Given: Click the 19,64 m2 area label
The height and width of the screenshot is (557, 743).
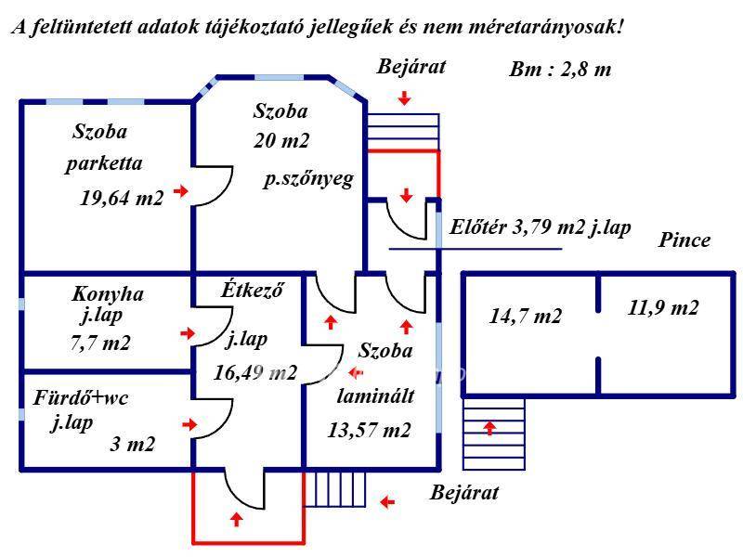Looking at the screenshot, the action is (122, 198).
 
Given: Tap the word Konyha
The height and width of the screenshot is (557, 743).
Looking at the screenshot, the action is (108, 294).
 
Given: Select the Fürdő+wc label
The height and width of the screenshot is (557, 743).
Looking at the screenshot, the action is (81, 397).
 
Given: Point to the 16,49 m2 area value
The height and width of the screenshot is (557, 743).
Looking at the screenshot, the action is (254, 372).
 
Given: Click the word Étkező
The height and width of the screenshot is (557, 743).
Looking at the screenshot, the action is (252, 289).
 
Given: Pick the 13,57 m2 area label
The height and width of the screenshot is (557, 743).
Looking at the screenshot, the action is (369, 430).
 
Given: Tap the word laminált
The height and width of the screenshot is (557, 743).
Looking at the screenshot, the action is (376, 395).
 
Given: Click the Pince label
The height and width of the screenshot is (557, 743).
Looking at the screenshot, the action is (684, 240).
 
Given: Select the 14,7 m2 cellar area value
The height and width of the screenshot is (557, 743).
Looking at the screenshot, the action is (526, 316).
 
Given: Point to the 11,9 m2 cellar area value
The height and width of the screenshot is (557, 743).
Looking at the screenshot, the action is (663, 308).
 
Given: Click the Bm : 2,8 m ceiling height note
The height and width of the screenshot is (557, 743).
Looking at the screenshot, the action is (560, 70).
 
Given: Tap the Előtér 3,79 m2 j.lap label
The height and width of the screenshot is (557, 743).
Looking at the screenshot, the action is (541, 227).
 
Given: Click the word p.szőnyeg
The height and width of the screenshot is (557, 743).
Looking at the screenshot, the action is (308, 179).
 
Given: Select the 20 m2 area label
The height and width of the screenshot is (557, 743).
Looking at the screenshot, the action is (281, 140).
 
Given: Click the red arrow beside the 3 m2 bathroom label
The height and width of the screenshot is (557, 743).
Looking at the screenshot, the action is (189, 424).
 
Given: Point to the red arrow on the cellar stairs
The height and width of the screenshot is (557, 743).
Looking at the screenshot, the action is (489, 428).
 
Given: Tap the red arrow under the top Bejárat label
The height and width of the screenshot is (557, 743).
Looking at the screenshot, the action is (404, 98).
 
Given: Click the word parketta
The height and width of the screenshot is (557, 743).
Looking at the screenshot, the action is (104, 164).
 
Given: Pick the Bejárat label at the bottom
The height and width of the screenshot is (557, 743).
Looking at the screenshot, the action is (464, 493).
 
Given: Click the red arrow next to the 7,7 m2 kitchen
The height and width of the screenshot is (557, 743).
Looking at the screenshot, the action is (188, 333).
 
